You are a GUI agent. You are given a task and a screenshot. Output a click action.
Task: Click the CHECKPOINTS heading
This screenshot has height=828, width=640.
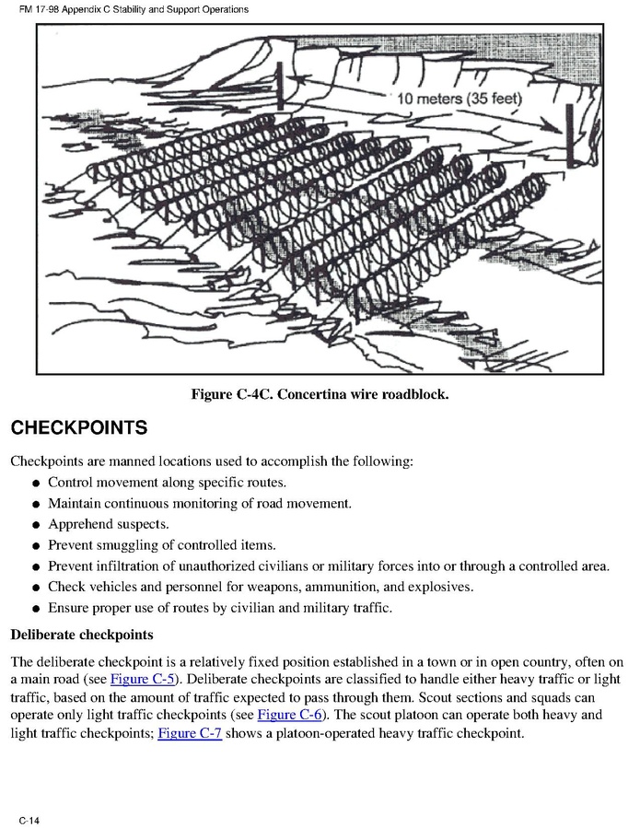tap(78, 428)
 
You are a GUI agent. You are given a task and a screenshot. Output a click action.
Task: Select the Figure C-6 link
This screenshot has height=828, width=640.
tap(289, 715)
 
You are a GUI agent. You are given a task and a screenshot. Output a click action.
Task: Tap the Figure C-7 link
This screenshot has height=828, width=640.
tap(190, 733)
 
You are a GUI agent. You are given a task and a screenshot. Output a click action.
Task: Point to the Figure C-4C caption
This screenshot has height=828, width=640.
tap(320, 394)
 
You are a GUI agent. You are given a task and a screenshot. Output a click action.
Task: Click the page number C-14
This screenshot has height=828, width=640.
tap(28, 819)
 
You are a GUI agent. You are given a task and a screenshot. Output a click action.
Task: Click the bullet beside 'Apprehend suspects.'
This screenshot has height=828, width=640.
tap(34, 525)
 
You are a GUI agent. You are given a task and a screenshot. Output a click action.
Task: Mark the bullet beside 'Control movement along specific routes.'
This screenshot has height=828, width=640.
tap(34, 484)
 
